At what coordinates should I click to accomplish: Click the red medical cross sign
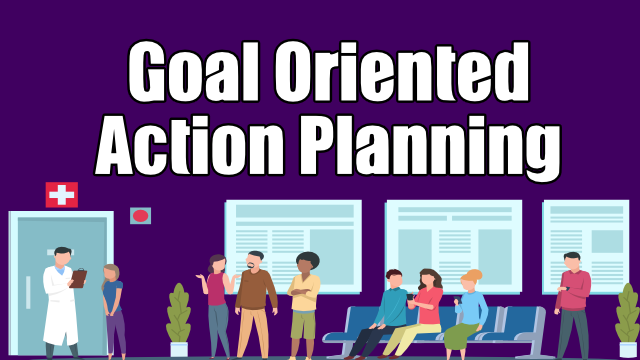[61, 195]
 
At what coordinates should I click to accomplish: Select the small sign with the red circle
[140, 215]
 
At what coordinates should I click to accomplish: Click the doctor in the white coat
[60, 300]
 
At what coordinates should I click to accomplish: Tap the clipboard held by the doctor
[78, 278]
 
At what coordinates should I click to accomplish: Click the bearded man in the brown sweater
[256, 300]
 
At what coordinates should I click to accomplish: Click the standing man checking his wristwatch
[573, 300]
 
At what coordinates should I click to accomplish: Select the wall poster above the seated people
[452, 245]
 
